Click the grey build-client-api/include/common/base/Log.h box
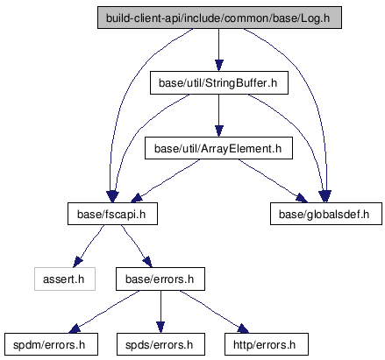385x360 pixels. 219,18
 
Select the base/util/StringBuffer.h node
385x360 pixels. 219,83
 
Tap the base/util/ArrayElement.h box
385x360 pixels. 218,148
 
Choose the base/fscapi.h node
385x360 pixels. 112,214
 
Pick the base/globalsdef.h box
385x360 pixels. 326,214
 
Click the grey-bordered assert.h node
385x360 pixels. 65,279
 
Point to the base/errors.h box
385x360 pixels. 160,279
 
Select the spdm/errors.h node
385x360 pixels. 51,344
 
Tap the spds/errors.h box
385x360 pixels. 160,344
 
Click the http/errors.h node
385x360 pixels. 267,344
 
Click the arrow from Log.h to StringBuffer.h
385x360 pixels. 219,50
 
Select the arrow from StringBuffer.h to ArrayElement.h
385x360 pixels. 219,116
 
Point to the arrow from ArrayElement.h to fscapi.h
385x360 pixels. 165,181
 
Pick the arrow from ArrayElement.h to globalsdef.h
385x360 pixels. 273,181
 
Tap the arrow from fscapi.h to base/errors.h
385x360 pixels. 137,246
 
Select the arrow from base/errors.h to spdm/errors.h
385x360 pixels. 103,312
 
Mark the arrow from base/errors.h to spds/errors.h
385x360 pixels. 160,312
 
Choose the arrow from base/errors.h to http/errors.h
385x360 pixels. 214,312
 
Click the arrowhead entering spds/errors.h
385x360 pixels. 160,328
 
